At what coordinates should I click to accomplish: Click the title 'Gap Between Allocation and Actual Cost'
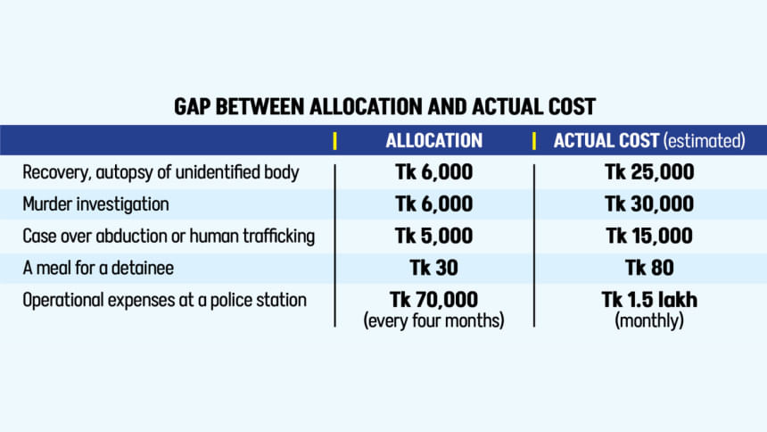[x=383, y=107]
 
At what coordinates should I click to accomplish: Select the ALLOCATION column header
[x=433, y=141]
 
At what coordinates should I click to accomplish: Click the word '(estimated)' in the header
[x=704, y=141]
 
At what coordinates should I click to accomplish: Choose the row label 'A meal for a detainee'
[x=99, y=268]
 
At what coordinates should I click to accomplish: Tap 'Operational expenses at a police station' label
[x=164, y=300]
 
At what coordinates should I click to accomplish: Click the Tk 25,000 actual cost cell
[x=648, y=172]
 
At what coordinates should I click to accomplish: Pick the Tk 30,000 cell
[x=648, y=204]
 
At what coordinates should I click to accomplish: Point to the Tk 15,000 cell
[x=648, y=237]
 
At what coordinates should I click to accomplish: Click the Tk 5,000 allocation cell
[x=433, y=237]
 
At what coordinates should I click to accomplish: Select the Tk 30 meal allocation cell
[x=433, y=268]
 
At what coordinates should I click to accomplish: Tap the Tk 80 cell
[x=648, y=268]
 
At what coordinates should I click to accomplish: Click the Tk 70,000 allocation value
[x=433, y=300]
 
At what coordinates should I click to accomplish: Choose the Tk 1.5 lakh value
[x=648, y=300]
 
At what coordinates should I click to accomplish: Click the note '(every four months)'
[x=433, y=320]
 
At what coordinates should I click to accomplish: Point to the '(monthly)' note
[x=648, y=320]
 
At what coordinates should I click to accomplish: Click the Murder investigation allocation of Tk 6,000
[x=433, y=204]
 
